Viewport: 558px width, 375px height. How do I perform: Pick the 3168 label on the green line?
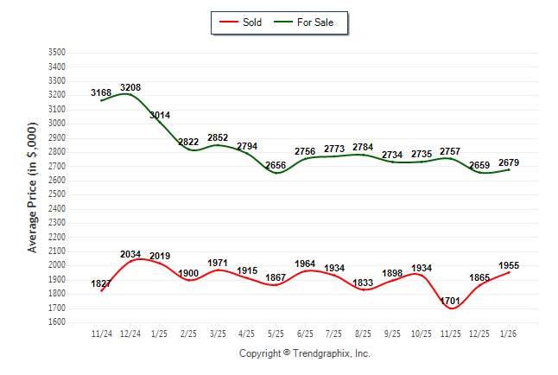point(101,92)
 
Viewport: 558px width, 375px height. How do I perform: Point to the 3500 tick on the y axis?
point(56,53)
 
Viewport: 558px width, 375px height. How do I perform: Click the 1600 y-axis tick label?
point(56,322)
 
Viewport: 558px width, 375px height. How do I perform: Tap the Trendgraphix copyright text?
point(303,353)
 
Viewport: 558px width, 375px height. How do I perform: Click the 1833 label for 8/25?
point(365,283)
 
